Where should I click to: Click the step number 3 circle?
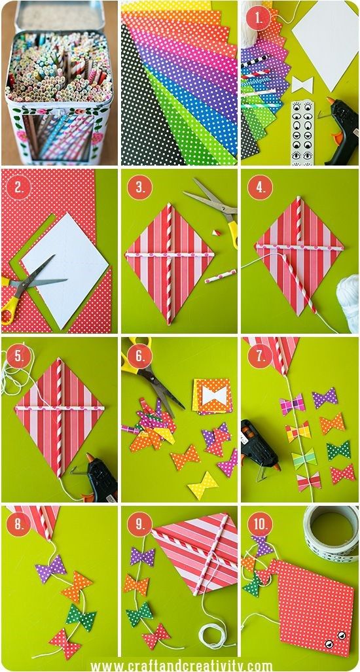(139, 187)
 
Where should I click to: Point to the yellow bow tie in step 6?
(203, 485)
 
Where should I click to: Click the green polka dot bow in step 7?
(338, 450)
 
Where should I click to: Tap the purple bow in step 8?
(50, 569)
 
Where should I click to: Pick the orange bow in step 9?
(136, 584)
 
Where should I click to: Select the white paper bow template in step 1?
(302, 84)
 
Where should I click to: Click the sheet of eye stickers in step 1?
(302, 133)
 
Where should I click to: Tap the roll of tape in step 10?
(331, 533)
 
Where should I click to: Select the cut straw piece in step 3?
(221, 275)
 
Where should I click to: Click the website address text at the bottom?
(181, 666)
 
